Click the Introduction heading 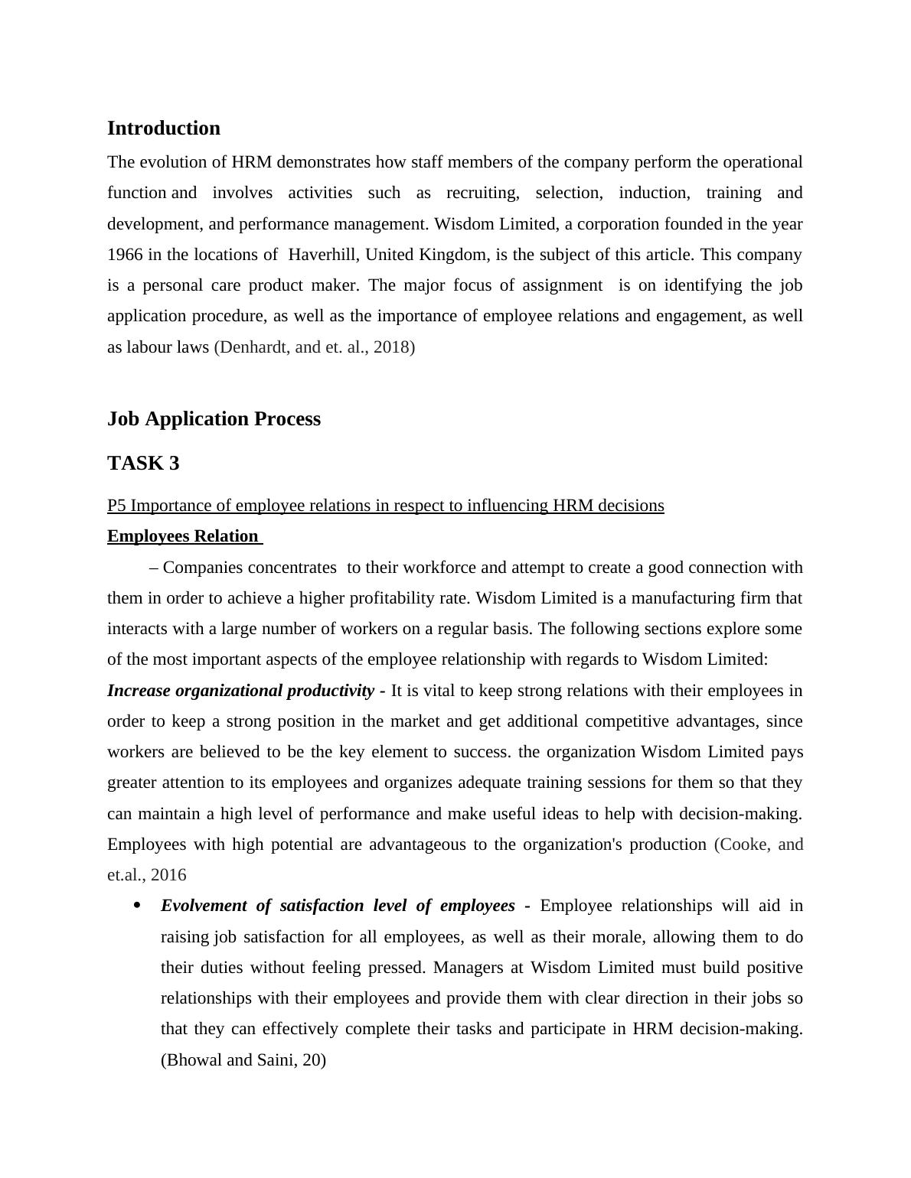click(x=164, y=129)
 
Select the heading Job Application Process click(x=214, y=419)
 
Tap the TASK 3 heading click(x=143, y=464)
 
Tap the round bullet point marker click(x=138, y=906)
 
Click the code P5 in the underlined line click(x=117, y=506)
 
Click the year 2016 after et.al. click(x=168, y=875)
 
